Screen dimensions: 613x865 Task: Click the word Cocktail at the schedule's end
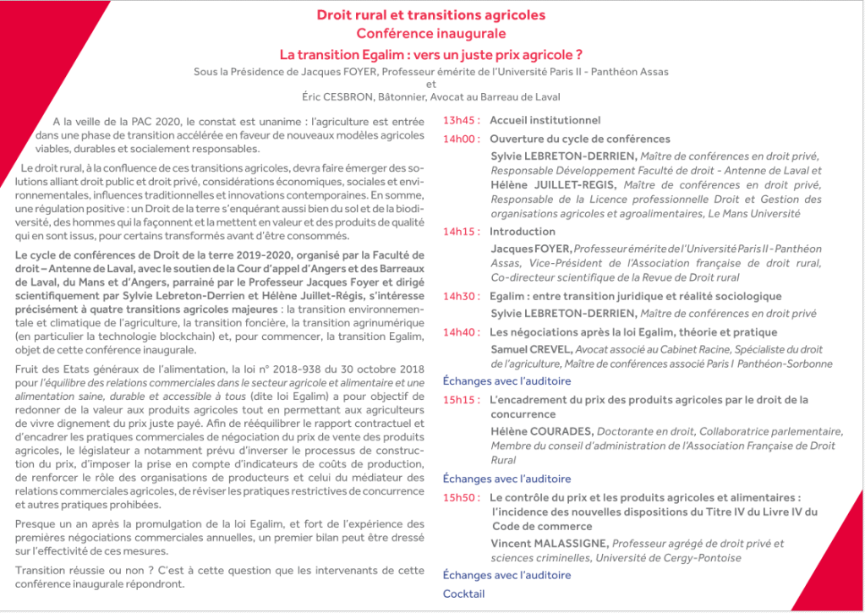[464, 594]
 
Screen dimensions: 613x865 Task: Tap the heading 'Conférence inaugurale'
[431, 34]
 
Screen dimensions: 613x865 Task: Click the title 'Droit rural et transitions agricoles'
[431, 15]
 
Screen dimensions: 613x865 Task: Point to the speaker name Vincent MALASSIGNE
[550, 544]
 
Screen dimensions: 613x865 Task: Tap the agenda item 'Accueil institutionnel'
[545, 121]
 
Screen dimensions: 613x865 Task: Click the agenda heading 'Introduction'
[523, 232]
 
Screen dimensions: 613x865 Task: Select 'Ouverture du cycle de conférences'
[580, 139]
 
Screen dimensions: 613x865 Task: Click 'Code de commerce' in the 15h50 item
[536, 526]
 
